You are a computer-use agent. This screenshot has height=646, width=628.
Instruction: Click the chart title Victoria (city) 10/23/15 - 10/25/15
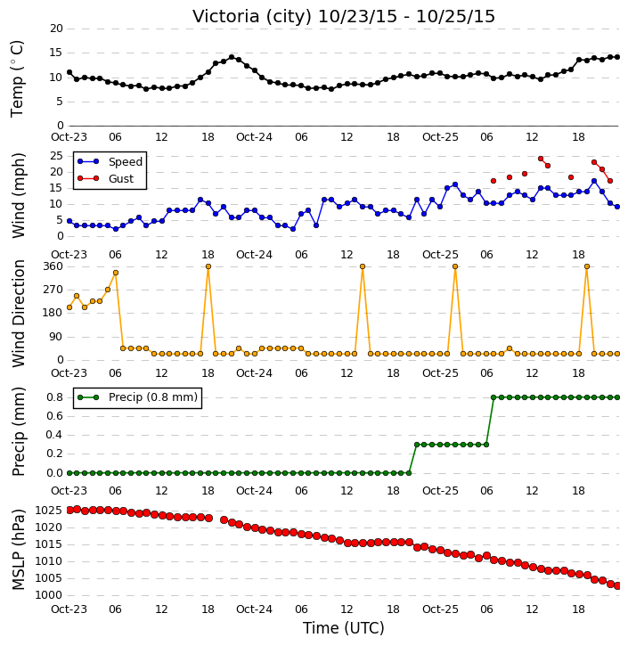[x=344, y=16]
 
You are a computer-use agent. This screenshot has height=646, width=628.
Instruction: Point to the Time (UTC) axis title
[x=344, y=628]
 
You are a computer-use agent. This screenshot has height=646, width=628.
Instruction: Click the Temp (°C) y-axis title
[x=17, y=78]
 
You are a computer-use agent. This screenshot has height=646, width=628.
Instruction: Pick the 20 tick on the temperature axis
[x=56, y=29]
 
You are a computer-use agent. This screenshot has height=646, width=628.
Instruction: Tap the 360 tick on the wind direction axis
[x=53, y=266]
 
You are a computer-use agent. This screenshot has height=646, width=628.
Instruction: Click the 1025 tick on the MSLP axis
[x=49, y=511]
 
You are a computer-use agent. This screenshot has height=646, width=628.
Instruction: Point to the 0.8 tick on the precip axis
[x=54, y=397]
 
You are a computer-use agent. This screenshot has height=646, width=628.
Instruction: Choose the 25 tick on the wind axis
[x=56, y=156]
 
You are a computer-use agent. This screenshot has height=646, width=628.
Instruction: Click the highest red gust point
[x=541, y=159]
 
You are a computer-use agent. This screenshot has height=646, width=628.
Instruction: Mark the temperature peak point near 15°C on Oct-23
[x=232, y=57]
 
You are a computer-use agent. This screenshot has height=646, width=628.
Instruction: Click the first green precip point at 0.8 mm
[x=493, y=397]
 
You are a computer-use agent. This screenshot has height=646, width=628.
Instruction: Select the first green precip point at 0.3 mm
[x=417, y=445]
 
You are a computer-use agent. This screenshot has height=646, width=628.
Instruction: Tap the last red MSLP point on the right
[x=617, y=585]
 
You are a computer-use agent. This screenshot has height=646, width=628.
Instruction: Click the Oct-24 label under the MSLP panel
[x=254, y=609]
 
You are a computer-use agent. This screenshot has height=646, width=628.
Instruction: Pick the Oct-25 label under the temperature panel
[x=440, y=137]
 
